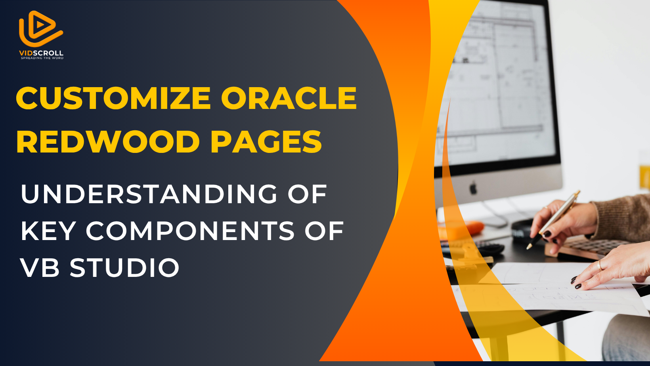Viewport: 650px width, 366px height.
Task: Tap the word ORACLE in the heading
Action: click(289, 98)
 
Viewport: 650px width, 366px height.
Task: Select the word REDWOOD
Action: click(108, 141)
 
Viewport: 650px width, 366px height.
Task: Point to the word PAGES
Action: click(266, 141)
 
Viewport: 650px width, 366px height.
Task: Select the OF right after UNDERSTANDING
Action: click(307, 194)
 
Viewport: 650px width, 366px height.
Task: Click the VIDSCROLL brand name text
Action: click(41, 53)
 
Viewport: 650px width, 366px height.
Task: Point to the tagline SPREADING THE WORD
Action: click(42, 58)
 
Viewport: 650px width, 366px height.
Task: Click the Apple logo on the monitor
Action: click(473, 187)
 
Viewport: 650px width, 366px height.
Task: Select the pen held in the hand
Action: click(553, 220)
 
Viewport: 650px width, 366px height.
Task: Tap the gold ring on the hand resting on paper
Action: click(600, 265)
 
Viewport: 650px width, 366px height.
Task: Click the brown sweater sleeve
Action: click(624, 218)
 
